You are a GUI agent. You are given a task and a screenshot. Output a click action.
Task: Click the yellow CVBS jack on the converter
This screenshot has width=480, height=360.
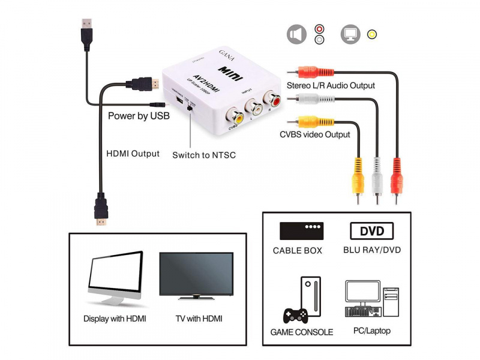233,112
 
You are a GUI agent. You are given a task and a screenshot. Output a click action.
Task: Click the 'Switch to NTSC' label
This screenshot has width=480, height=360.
204,155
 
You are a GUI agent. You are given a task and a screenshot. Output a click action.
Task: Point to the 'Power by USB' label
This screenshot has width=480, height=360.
138,116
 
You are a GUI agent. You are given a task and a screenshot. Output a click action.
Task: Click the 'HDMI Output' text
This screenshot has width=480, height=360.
133,154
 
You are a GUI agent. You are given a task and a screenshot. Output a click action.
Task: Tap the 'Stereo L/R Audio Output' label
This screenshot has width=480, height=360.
331,85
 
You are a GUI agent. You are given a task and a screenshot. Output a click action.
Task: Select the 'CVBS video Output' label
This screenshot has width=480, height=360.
314,134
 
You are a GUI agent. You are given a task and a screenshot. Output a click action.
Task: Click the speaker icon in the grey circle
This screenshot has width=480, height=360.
296,34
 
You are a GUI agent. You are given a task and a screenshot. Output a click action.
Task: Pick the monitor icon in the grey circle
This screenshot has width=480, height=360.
350,34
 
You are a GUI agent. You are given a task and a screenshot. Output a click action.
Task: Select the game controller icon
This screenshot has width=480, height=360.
295,315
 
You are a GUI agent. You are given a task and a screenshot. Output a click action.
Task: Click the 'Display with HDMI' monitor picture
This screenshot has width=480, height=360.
115,278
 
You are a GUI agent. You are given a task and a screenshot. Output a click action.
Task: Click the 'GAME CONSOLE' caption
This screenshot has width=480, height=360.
301,332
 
